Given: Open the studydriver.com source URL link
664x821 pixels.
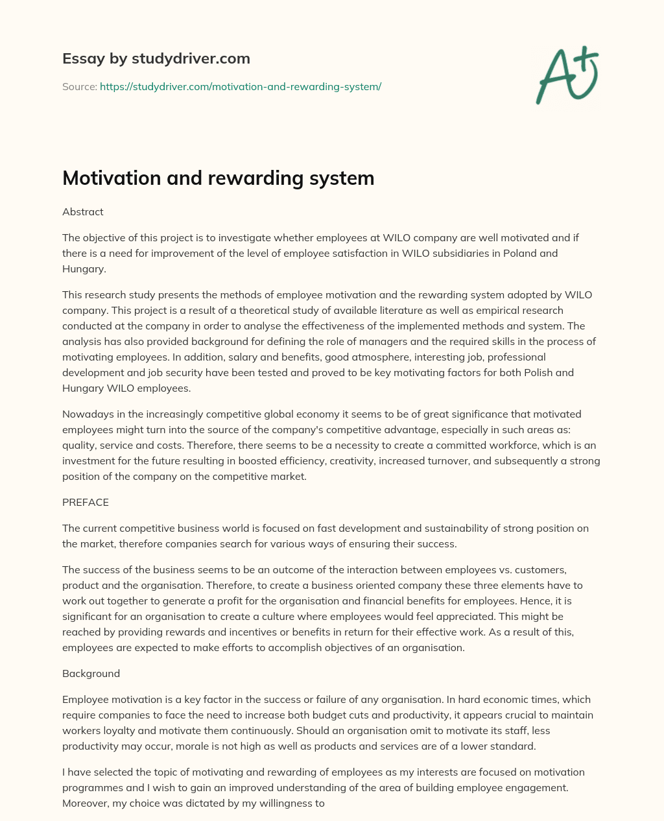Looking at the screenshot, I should pyautogui.click(x=241, y=86).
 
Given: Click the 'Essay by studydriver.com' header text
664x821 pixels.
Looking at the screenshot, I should pyautogui.click(x=156, y=58).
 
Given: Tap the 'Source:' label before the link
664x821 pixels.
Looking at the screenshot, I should pyautogui.click(x=79, y=86).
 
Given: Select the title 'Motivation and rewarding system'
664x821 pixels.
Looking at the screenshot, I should pyautogui.click(x=218, y=178).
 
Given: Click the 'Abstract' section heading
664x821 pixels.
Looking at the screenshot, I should pyautogui.click(x=83, y=211).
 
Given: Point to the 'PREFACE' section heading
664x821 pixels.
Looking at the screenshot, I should pyautogui.click(x=86, y=502).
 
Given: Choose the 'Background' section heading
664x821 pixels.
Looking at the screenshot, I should pyautogui.click(x=91, y=673).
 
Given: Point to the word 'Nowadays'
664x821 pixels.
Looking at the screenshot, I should pyautogui.click(x=86, y=414).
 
